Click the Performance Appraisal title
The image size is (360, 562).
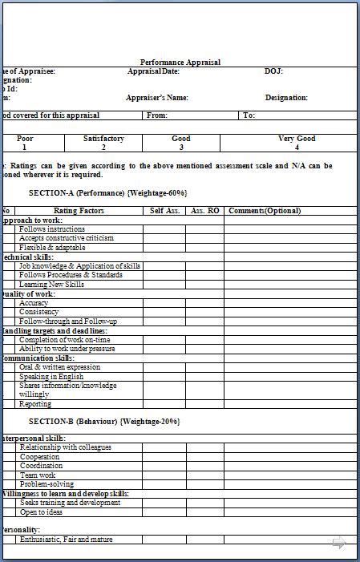(x=180, y=62)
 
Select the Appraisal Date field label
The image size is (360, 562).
(x=153, y=71)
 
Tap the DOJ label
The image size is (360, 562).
(x=273, y=71)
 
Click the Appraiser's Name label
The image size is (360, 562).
(x=157, y=98)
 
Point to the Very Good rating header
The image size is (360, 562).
(x=297, y=139)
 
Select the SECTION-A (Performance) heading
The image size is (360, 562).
(x=107, y=193)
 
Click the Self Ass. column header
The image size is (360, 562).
(x=164, y=211)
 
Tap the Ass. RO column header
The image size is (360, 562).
(x=204, y=211)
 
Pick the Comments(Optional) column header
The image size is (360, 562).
(x=265, y=211)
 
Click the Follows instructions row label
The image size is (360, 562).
(x=52, y=229)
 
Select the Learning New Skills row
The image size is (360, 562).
(x=51, y=285)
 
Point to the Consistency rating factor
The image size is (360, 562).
(x=39, y=312)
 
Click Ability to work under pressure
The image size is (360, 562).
(x=67, y=349)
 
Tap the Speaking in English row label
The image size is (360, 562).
(x=51, y=376)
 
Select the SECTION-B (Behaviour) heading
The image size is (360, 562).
(x=104, y=421)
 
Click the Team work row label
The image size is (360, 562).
(x=38, y=475)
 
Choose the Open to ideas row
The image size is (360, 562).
(x=41, y=512)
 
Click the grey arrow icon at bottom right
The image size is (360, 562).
(x=338, y=544)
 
